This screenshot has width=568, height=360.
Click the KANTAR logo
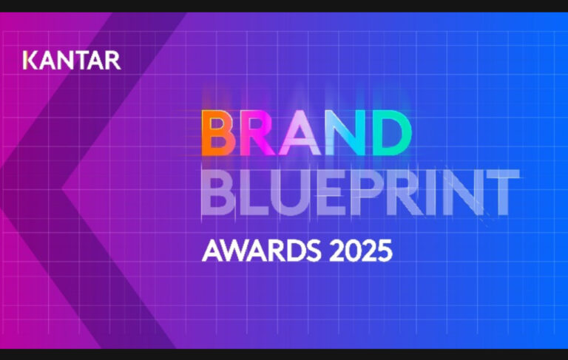(x=72, y=60)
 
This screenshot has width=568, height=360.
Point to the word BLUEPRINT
(x=360, y=189)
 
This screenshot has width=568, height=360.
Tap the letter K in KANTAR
(x=30, y=60)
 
